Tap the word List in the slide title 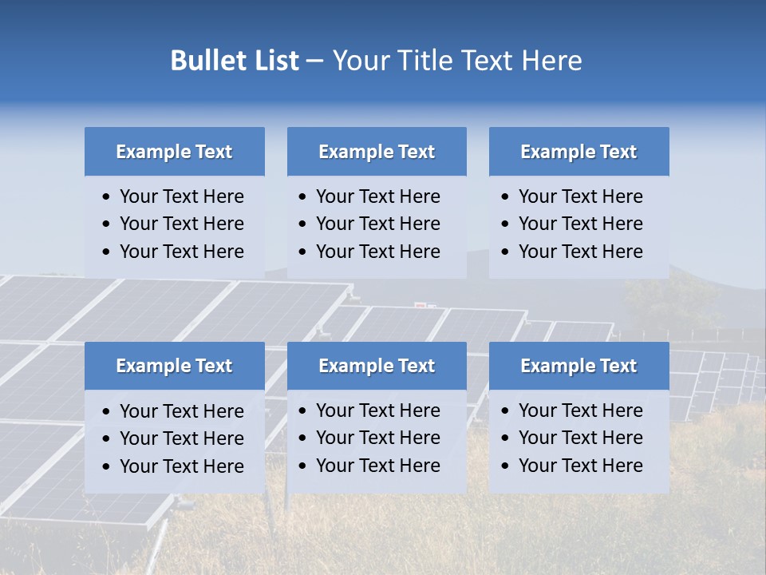coord(274,61)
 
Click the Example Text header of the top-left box coord(174,152)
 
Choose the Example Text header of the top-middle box coord(377,152)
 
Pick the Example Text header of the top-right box coord(578,152)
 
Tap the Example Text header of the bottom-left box coord(174,366)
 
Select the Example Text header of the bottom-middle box coord(377,366)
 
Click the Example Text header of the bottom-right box coord(578,366)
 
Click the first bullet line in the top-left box coord(181,196)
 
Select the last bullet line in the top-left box coord(181,252)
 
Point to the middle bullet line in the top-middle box coord(377,224)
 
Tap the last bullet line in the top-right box coord(580,252)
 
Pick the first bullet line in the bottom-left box coord(181,411)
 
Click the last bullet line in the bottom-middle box coord(377,466)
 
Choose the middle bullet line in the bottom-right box coord(580,438)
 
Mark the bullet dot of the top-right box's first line coord(505,197)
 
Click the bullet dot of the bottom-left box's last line coord(106,467)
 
